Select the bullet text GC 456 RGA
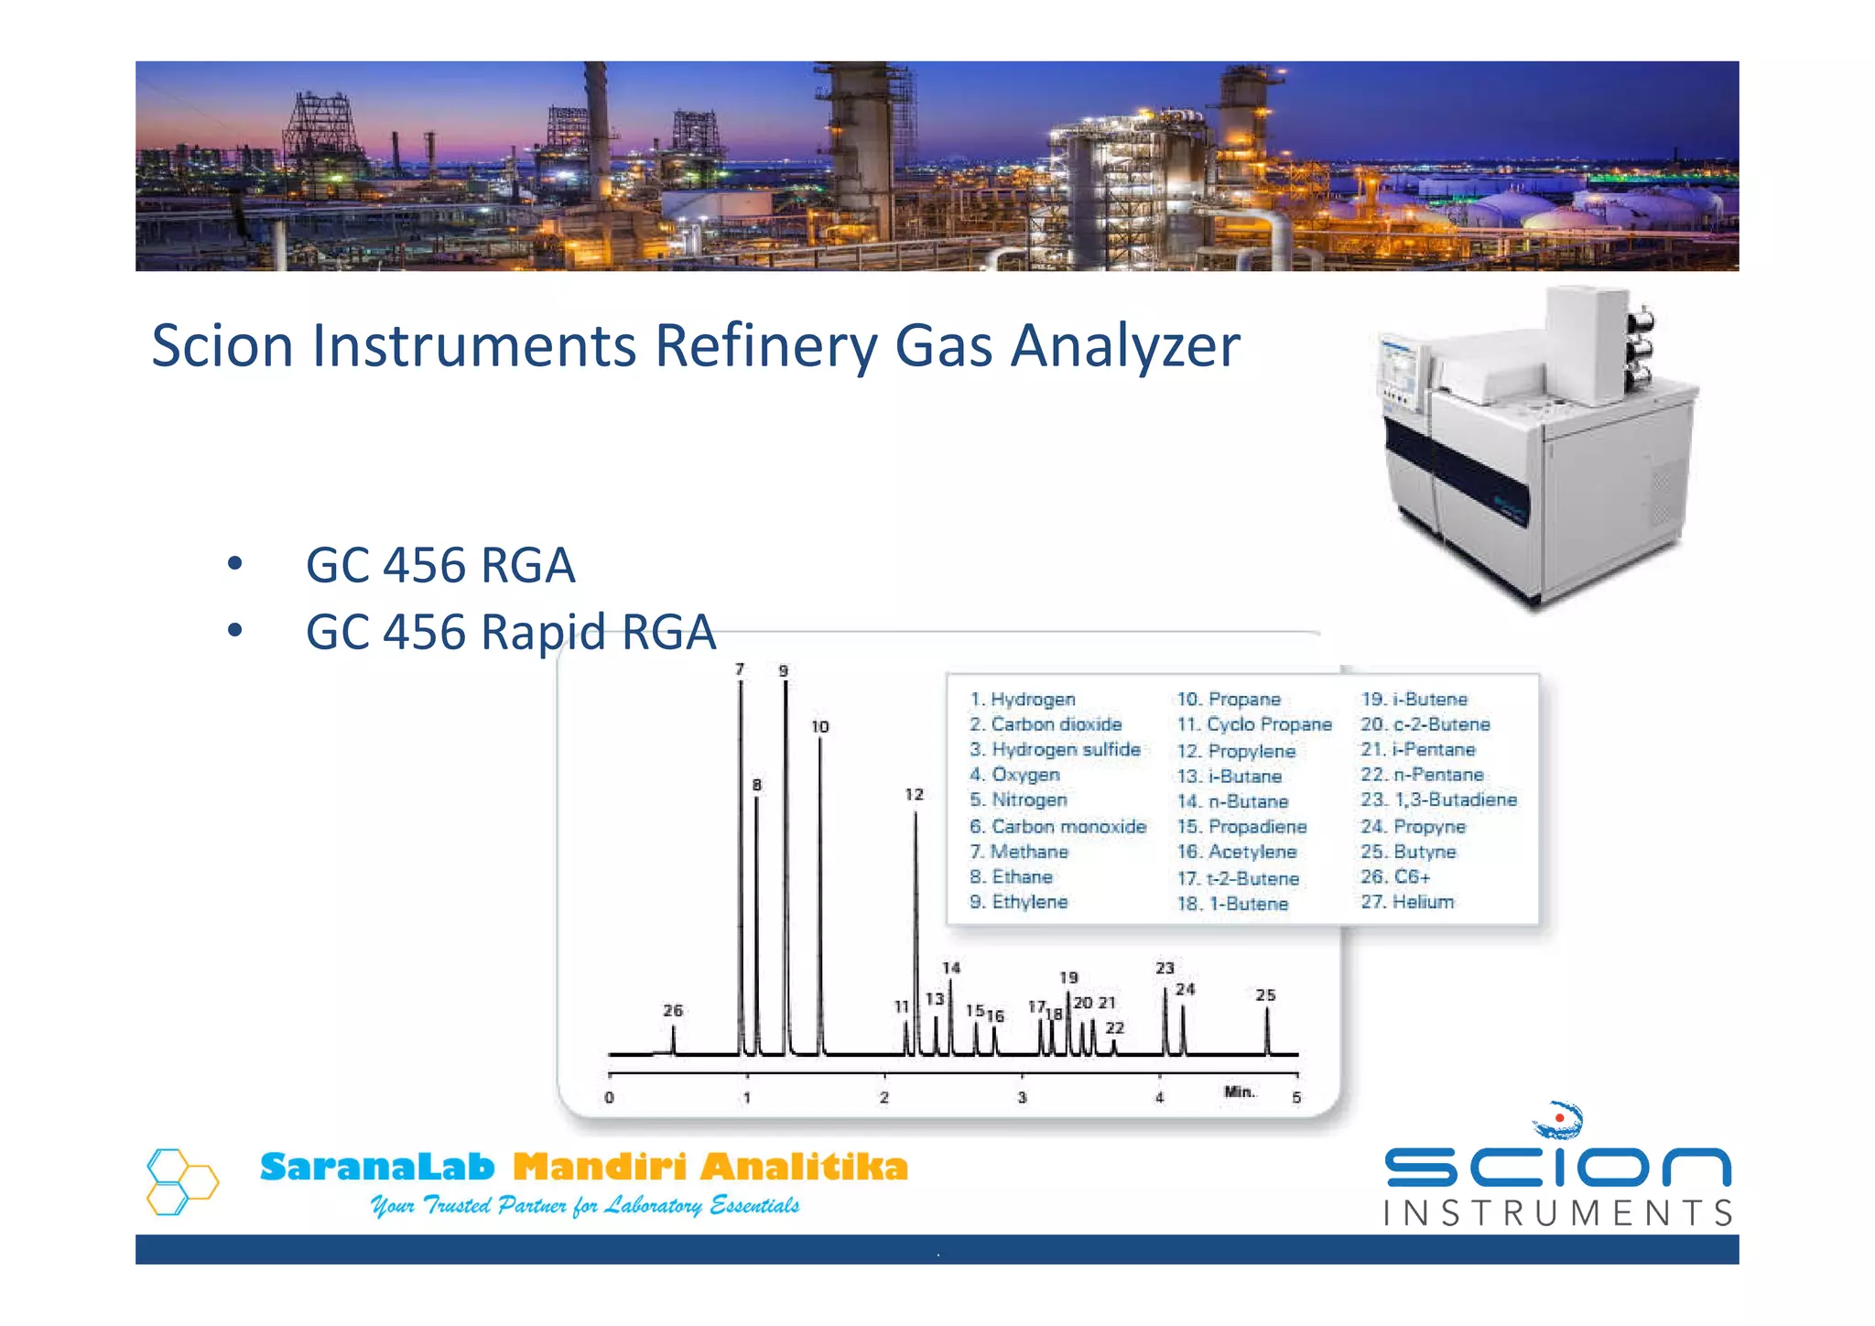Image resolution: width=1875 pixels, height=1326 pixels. tap(439, 565)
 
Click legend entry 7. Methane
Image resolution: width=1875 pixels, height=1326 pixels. tap(1019, 852)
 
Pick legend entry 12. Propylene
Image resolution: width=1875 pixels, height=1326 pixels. tap(1236, 751)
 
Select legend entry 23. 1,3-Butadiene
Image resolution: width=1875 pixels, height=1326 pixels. tap(1438, 799)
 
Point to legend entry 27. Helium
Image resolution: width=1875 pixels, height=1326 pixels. tap(1407, 902)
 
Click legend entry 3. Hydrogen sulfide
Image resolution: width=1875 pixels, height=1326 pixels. tap(1055, 749)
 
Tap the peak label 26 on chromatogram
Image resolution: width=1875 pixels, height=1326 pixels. tap(673, 1010)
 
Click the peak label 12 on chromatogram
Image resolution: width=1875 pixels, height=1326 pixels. tap(914, 794)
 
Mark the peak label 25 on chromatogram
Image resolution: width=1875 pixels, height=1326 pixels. tap(1265, 994)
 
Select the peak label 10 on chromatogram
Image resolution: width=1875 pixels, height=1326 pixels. tap(819, 726)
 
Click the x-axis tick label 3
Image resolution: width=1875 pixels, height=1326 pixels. tap(1022, 1097)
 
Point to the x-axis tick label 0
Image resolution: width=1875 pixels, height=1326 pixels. tap(610, 1097)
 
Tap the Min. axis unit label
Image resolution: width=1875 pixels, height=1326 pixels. tap(1240, 1092)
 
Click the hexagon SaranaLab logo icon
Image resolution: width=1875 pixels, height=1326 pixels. tap(182, 1181)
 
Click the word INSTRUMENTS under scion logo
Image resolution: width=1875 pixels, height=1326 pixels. tap(1557, 1213)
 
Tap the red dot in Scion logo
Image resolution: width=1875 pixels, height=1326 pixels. tap(1559, 1118)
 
